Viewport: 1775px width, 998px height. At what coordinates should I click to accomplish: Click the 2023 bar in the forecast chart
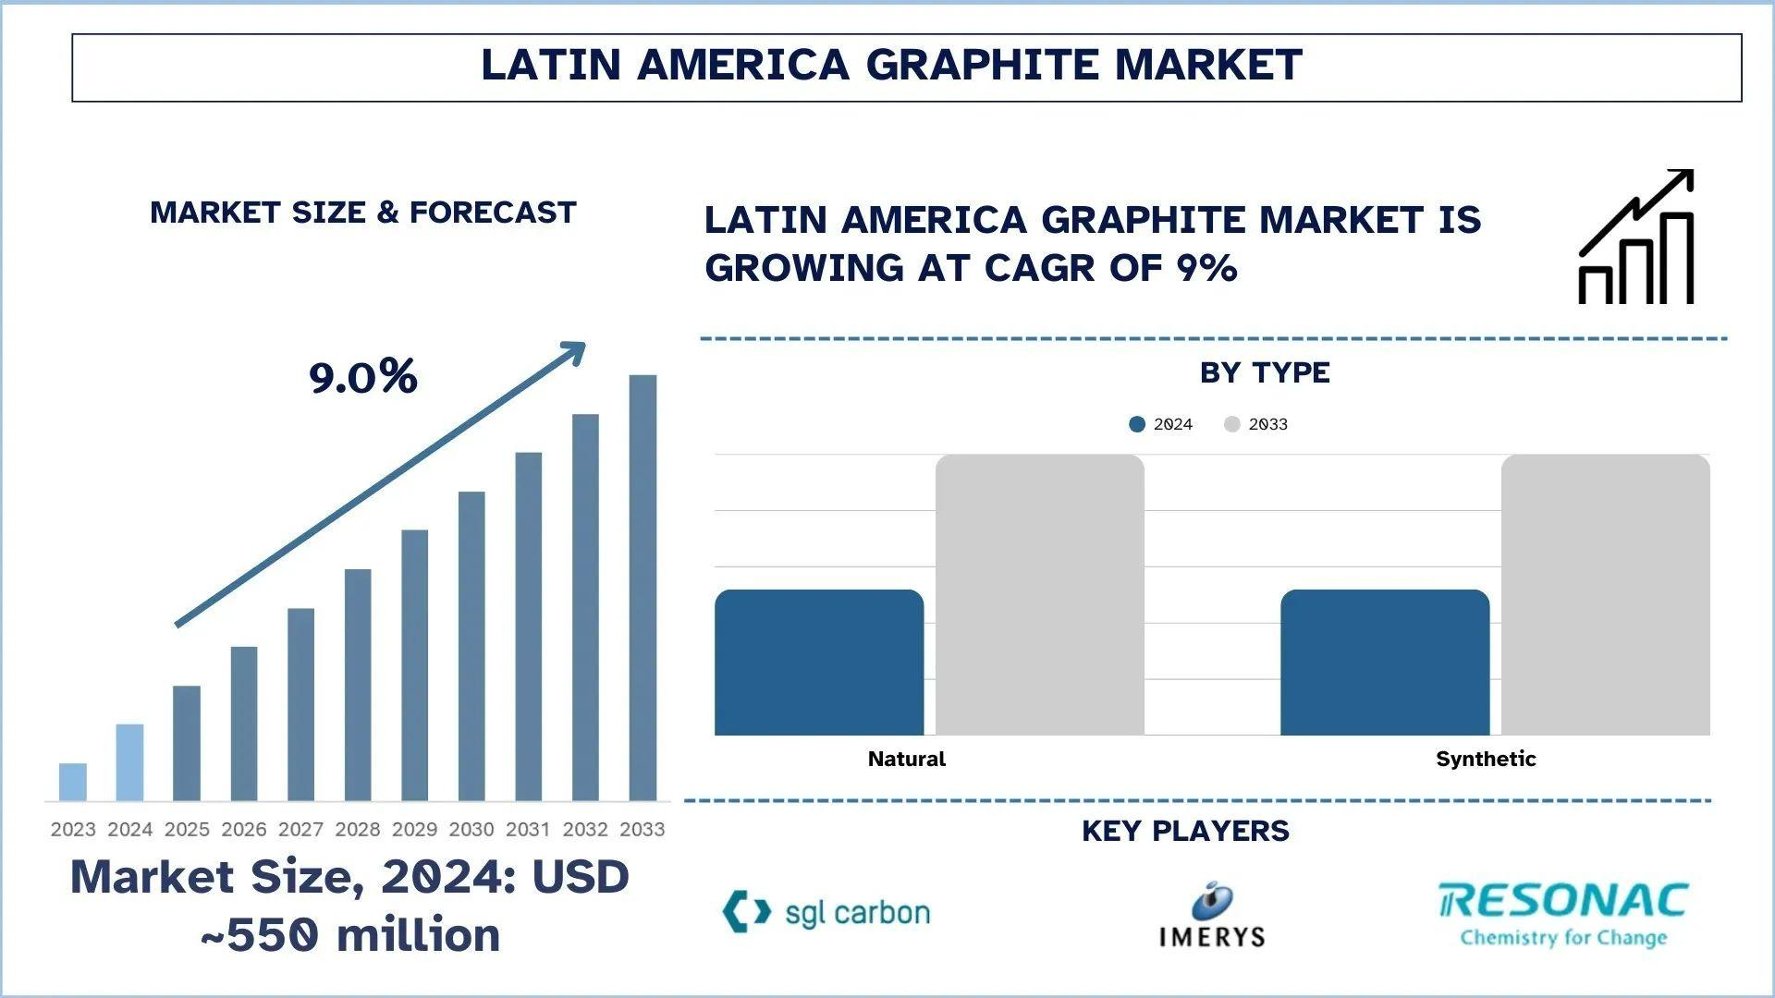(x=73, y=782)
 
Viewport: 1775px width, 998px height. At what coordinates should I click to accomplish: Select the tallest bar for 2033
(x=643, y=588)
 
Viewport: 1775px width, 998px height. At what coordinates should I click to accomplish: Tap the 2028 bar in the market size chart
(x=358, y=685)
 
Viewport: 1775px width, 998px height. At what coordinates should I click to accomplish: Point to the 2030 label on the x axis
(x=471, y=830)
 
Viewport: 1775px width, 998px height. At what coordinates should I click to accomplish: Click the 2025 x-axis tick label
(x=187, y=830)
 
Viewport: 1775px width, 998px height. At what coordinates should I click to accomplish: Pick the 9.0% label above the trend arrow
(x=362, y=377)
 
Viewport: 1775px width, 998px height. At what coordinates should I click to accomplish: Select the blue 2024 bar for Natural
(x=819, y=663)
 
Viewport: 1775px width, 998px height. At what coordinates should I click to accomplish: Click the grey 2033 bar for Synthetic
(x=1606, y=595)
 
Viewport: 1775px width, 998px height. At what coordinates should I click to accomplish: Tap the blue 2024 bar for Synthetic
(x=1385, y=663)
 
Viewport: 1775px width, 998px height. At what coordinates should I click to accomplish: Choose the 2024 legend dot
(x=1137, y=424)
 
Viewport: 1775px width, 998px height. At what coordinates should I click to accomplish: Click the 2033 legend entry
(x=1256, y=424)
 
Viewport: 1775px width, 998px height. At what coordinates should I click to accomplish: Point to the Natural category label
(x=906, y=760)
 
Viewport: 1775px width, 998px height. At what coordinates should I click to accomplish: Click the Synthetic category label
(x=1486, y=760)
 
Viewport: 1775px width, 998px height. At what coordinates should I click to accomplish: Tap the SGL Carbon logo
(x=826, y=912)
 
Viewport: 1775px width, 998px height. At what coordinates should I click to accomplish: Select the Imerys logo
(x=1211, y=916)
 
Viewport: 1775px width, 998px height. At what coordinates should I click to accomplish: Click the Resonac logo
(x=1563, y=914)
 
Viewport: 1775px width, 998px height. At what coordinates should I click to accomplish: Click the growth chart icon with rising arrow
(x=1636, y=237)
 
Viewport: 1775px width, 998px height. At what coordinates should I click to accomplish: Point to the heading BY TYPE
(x=1265, y=372)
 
